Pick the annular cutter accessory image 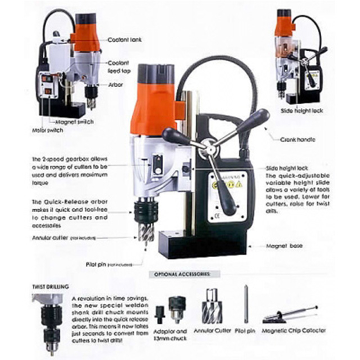point(211,307)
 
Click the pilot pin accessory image point(245,306)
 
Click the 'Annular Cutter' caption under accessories point(211,331)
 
